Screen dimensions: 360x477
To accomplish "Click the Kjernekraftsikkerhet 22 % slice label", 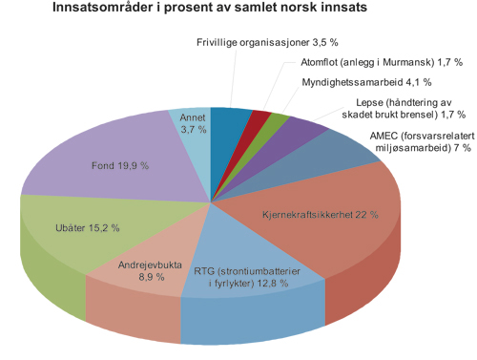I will [320, 215].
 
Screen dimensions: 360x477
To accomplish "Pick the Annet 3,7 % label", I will [195, 122].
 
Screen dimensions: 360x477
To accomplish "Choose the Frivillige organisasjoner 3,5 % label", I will [268, 43].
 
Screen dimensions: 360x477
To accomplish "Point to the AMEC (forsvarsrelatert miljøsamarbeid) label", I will [412, 142].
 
